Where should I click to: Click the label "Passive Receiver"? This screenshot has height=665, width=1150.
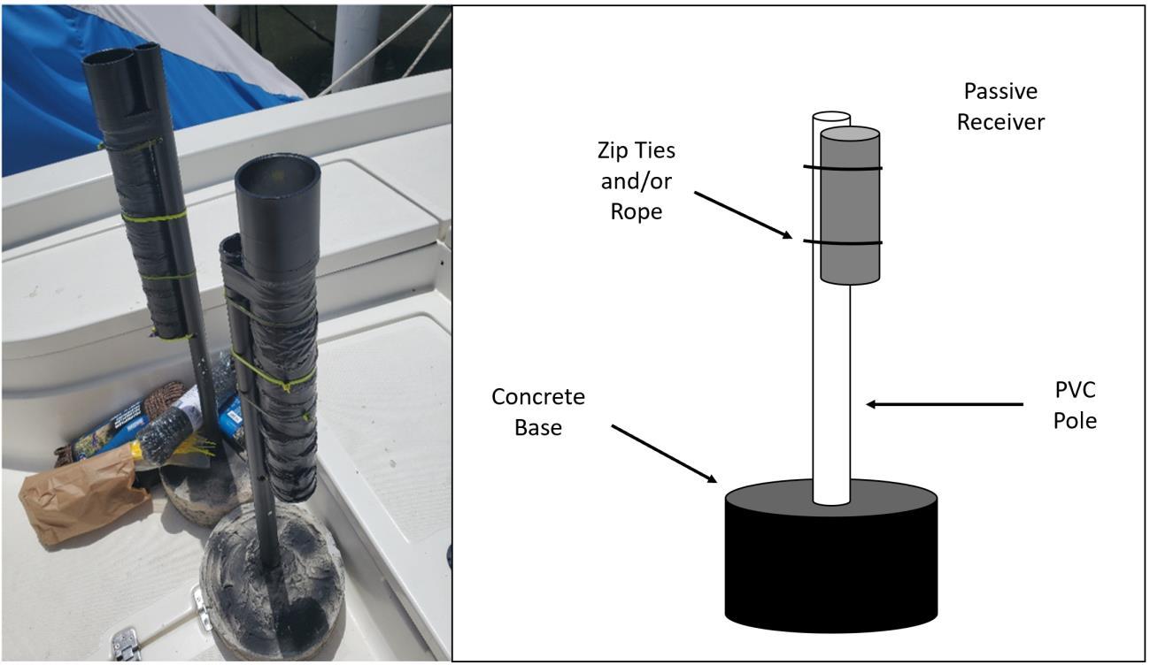(x=1000, y=106)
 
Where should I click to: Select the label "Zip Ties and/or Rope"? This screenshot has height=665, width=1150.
(x=636, y=180)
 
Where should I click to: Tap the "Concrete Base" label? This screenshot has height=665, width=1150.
(x=538, y=411)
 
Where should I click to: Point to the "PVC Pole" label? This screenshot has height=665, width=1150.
(x=1075, y=404)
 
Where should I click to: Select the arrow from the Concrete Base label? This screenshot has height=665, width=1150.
(x=664, y=453)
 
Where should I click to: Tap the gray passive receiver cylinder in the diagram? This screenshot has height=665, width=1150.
(x=850, y=212)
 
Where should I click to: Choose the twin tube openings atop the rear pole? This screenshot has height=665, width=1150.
(x=124, y=58)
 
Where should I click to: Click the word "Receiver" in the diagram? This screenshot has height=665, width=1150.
(x=1000, y=121)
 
